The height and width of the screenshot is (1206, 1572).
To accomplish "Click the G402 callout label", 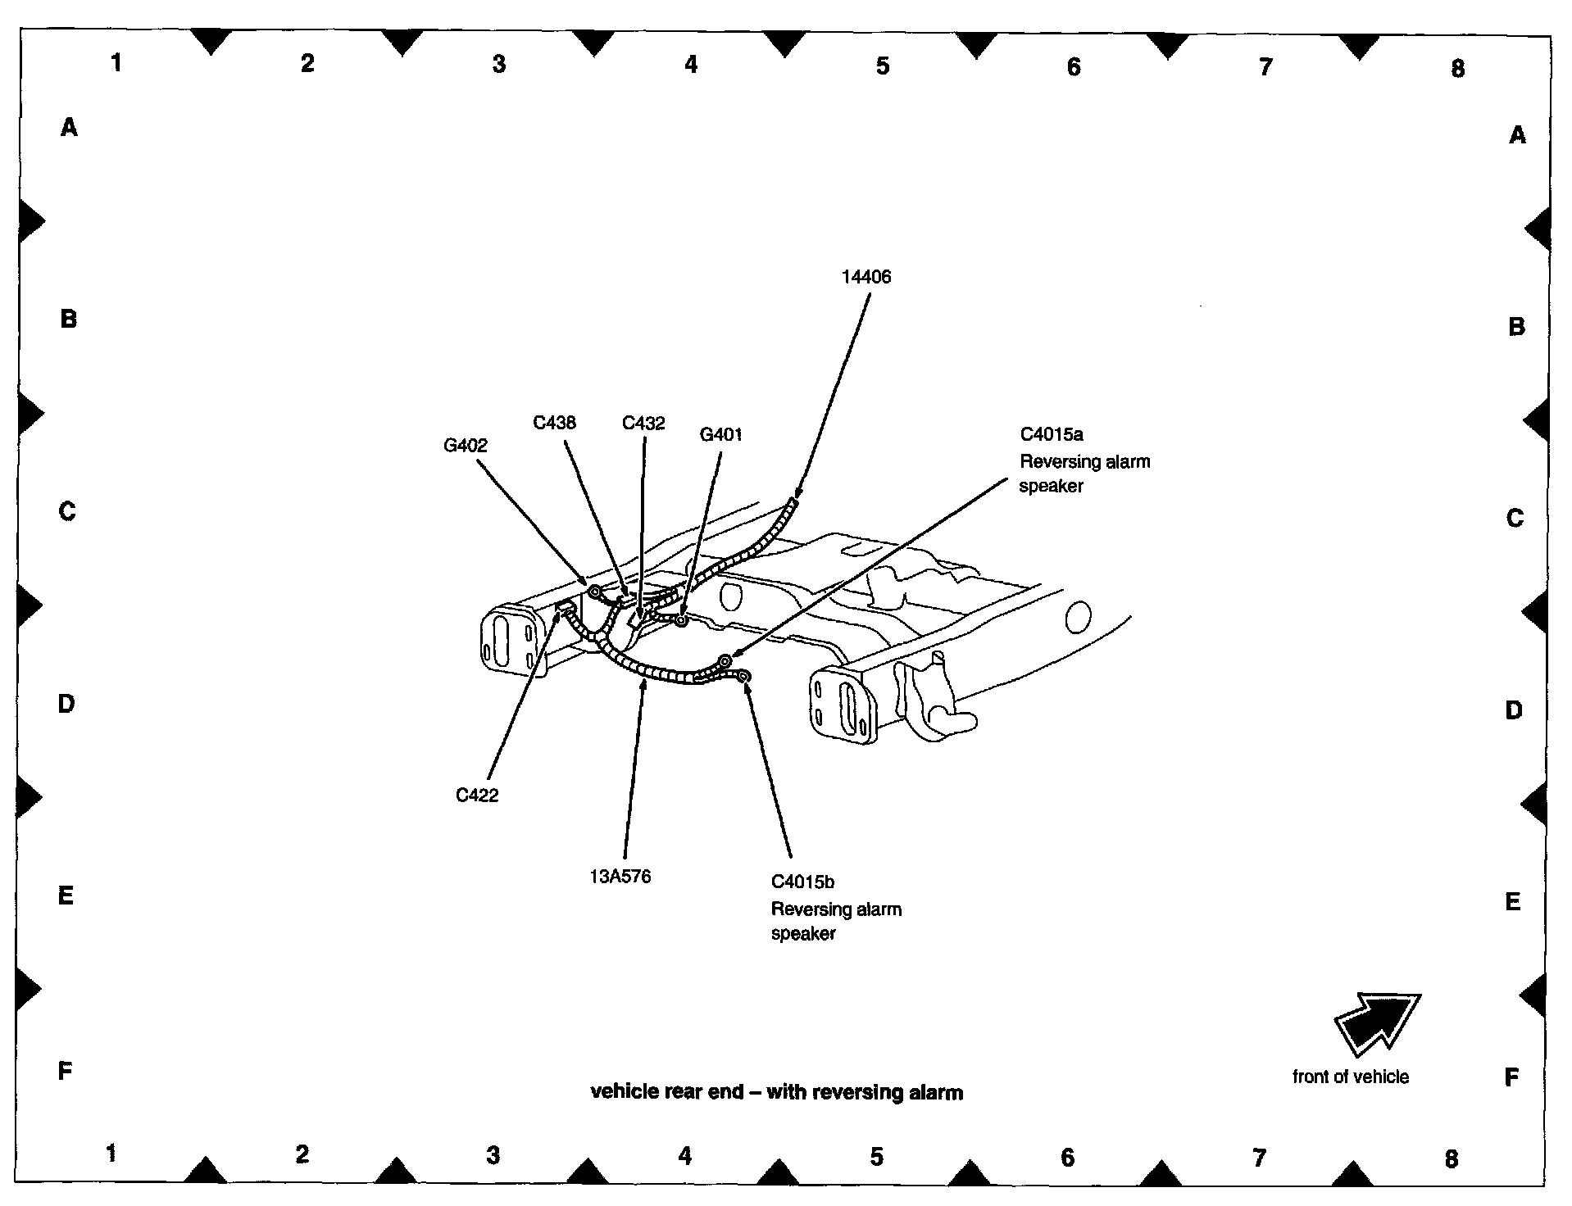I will pyautogui.click(x=465, y=446).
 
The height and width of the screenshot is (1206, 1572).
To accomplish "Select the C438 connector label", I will pyautogui.click(x=554, y=423).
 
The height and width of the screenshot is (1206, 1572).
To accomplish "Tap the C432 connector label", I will pyautogui.click(x=643, y=424).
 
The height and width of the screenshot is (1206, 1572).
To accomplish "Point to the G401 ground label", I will pyautogui.click(x=720, y=435).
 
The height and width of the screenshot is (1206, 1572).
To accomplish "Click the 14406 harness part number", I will pyautogui.click(x=866, y=277).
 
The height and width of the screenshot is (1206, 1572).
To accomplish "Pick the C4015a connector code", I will pyautogui.click(x=1052, y=434).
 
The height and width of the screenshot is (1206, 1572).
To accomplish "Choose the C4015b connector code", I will pyautogui.click(x=802, y=882).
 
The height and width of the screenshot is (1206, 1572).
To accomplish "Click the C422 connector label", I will pyautogui.click(x=477, y=796).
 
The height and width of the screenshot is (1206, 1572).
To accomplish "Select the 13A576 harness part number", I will pyautogui.click(x=620, y=877).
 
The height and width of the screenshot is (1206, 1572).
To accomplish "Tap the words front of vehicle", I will pyautogui.click(x=1350, y=1077).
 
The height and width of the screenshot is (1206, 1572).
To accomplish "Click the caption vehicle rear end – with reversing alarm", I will pyautogui.click(x=776, y=1093).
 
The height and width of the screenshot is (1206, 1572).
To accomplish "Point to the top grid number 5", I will pyautogui.click(x=882, y=66).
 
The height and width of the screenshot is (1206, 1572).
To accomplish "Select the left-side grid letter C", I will pyautogui.click(x=67, y=511).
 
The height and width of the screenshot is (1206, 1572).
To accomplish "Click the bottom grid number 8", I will pyautogui.click(x=1451, y=1159).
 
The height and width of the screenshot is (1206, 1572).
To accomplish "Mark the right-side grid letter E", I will pyautogui.click(x=1513, y=902).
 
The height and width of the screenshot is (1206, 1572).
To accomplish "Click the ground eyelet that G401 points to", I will pyautogui.click(x=680, y=621).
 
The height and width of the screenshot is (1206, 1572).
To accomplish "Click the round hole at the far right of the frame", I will pyautogui.click(x=1079, y=617).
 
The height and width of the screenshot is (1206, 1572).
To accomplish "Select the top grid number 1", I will pyautogui.click(x=116, y=62).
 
